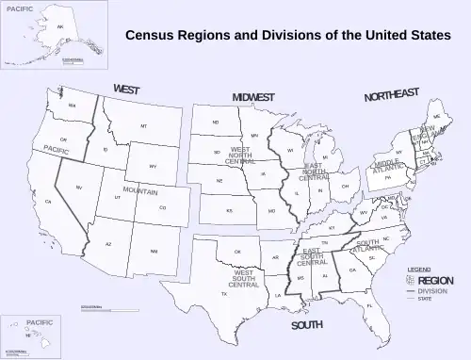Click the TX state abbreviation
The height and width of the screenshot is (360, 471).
pyautogui.click(x=224, y=294)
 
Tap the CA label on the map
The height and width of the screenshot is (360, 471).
pyautogui.click(x=48, y=202)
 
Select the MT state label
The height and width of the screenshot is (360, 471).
pyautogui.click(x=144, y=126)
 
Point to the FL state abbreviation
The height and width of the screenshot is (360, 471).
pyautogui.click(x=369, y=306)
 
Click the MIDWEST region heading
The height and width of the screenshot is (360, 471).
pyautogui.click(x=253, y=97)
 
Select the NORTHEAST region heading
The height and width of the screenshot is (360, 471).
pyautogui.click(x=392, y=95)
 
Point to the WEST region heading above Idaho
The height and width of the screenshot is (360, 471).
pyautogui.click(x=127, y=90)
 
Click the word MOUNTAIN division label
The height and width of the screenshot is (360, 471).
pyautogui.click(x=140, y=190)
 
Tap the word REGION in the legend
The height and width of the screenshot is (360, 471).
pyautogui.click(x=436, y=280)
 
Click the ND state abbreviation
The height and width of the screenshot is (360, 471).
pyautogui.click(x=215, y=123)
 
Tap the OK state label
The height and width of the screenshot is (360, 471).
pyautogui.click(x=237, y=252)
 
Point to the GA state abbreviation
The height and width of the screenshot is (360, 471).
pyautogui.click(x=352, y=270)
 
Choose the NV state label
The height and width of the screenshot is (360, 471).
pyautogui.click(x=79, y=188)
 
